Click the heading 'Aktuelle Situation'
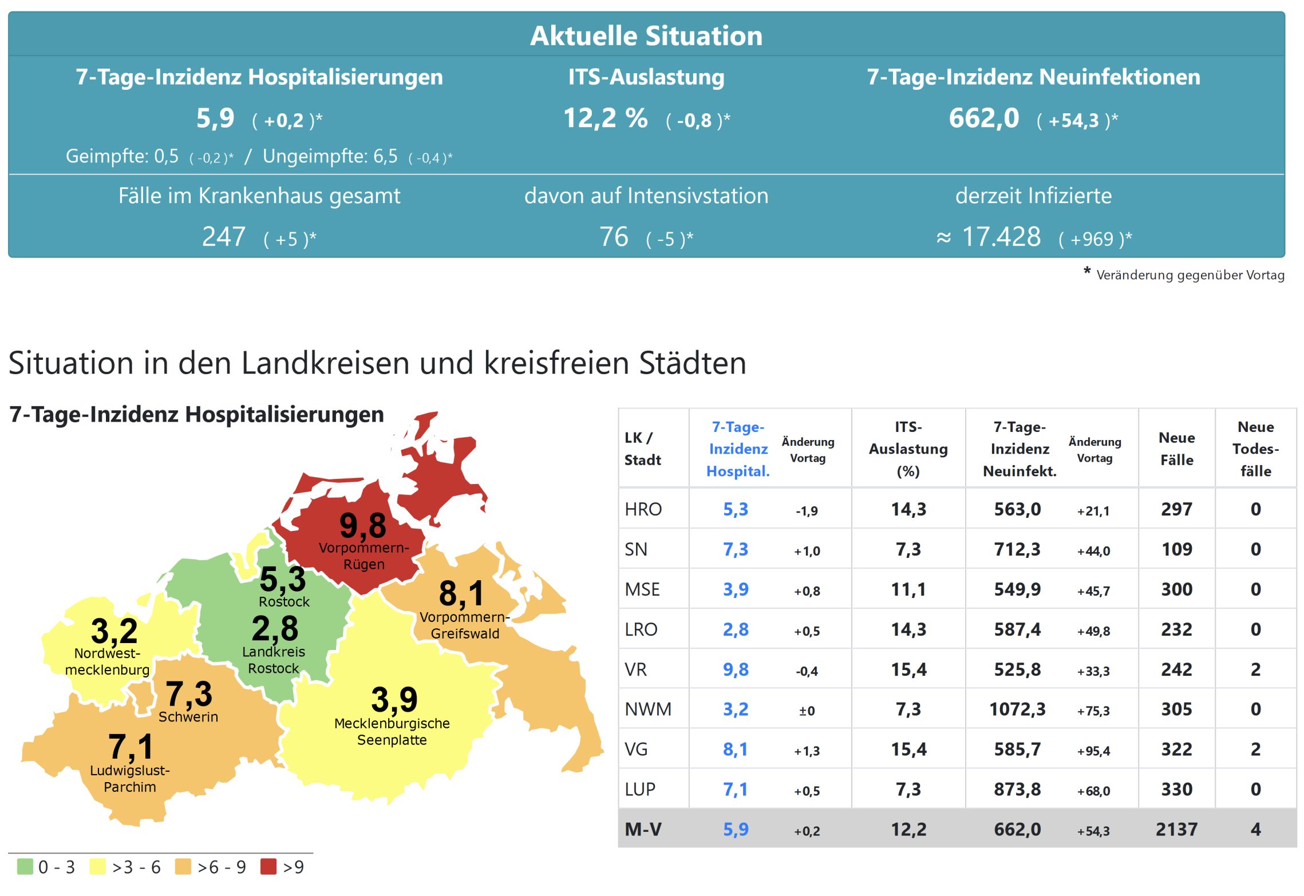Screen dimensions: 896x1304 (x=646, y=35)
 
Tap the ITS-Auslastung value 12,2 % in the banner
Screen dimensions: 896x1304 (x=605, y=118)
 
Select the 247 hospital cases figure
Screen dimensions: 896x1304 (x=223, y=237)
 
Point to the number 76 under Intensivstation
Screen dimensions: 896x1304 (x=613, y=237)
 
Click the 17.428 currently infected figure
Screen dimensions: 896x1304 (x=1001, y=237)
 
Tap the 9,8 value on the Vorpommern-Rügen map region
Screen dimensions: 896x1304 (x=362, y=525)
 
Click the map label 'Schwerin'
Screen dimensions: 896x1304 (x=188, y=717)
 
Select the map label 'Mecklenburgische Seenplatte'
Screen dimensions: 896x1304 (x=392, y=731)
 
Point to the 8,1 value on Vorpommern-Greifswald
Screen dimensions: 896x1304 (x=461, y=593)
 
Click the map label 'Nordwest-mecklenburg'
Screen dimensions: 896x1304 (x=107, y=661)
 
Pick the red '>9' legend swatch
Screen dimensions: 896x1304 (x=268, y=866)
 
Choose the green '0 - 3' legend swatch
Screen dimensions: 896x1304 (x=25, y=866)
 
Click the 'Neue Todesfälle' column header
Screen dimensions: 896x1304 (x=1255, y=449)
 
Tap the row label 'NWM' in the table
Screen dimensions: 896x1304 (x=648, y=709)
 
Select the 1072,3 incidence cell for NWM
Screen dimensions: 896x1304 (x=1017, y=709)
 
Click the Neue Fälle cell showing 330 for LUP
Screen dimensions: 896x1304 (x=1176, y=790)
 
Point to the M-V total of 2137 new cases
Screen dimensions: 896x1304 (x=1176, y=830)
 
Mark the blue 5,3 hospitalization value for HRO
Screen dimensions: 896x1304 (x=736, y=509)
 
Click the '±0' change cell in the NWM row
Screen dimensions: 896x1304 (x=807, y=711)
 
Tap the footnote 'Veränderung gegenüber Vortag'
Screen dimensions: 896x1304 (x=1190, y=275)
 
